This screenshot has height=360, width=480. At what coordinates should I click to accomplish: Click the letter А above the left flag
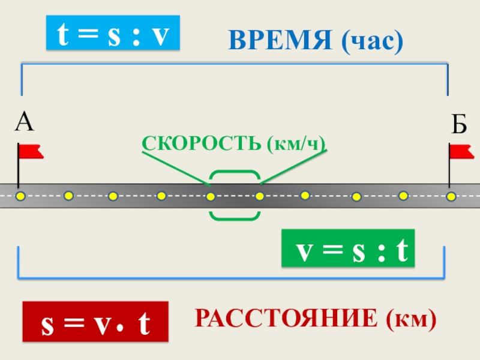pos(25,122)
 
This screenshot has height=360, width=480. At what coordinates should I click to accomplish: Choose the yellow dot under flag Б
pos(451,196)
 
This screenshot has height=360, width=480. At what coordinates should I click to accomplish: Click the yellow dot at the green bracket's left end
pos(211,196)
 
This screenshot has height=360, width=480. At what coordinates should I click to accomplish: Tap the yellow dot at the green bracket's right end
pos(259,196)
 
